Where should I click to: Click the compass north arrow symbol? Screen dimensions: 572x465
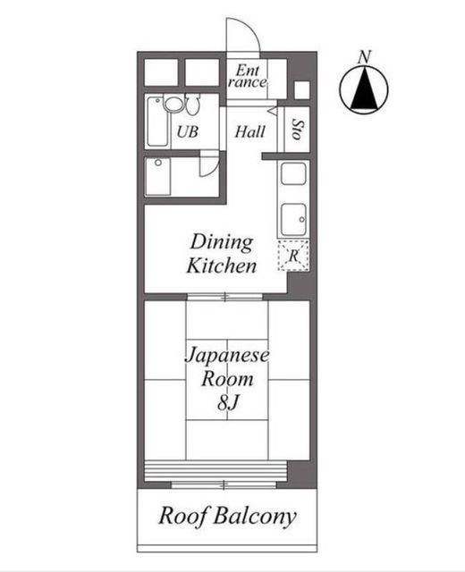click(x=364, y=90)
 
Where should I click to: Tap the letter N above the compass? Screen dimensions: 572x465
click(x=364, y=56)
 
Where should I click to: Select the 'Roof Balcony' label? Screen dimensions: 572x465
click(x=227, y=517)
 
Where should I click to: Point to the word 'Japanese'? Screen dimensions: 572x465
click(x=227, y=355)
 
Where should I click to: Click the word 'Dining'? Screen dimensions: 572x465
click(x=221, y=242)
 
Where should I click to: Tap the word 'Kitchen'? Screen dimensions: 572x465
click(x=222, y=265)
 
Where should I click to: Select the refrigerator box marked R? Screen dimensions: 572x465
click(x=292, y=257)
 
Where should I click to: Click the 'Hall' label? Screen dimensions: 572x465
click(x=250, y=132)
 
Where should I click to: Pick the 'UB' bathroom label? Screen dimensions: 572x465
click(x=186, y=132)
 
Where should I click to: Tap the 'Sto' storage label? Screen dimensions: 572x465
click(x=297, y=130)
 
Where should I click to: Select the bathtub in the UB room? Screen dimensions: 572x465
click(x=158, y=122)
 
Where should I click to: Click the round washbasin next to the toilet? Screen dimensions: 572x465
click(x=173, y=105)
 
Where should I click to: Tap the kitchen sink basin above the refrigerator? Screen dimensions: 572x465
click(x=293, y=218)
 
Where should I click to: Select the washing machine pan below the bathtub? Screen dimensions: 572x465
click(x=159, y=176)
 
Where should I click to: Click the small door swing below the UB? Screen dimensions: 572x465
click(x=207, y=165)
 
